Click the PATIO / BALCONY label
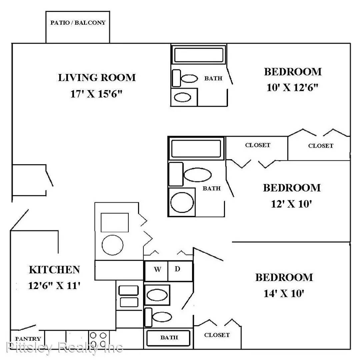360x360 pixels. coord(78,23)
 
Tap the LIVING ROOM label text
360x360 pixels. coord(97,78)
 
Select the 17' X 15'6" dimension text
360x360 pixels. coord(96,94)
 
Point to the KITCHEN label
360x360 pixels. coord(54,270)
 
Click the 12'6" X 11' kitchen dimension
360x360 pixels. coord(54,286)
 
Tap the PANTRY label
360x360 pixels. coord(28,339)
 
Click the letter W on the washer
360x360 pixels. coord(157,269)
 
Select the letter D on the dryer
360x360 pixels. coord(177,269)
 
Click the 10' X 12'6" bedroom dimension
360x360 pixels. coord(292,87)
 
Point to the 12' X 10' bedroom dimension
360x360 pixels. coord(291,204)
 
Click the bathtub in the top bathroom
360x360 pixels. coord(199,55)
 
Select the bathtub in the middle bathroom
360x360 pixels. coord(196,149)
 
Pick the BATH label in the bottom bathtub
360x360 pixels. coord(169,337)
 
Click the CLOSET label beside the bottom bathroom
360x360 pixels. coord(217,335)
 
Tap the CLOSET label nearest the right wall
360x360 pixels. coord(321,146)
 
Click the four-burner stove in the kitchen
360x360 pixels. coord(98,339)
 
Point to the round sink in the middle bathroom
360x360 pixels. coord(182,202)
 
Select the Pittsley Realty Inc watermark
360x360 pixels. coord(65,347)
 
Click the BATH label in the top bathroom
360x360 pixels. coord(213,78)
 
